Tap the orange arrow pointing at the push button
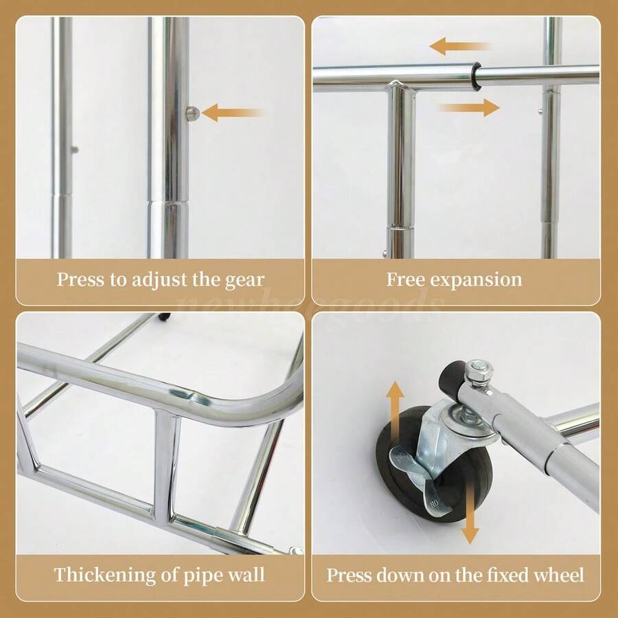point(232,113)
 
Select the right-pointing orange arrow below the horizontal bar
point(469,107)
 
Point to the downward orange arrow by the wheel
point(470,511)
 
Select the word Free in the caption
point(403,279)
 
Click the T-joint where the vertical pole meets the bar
point(400,89)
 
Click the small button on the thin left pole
point(73,149)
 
